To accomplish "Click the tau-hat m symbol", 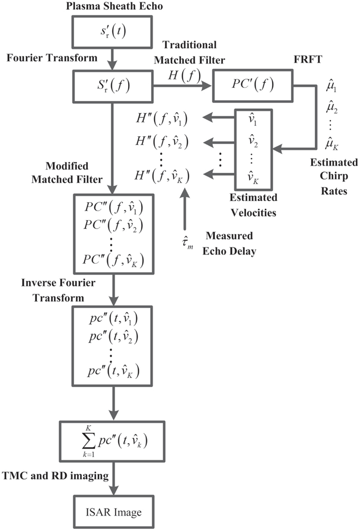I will (x=184, y=240).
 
